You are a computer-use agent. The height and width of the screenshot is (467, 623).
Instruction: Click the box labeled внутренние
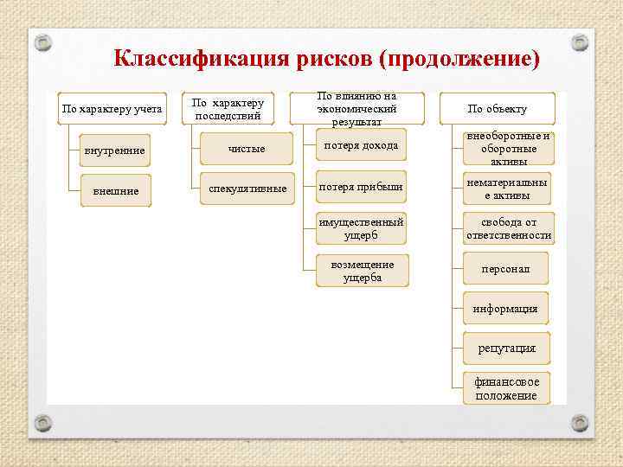point(114,151)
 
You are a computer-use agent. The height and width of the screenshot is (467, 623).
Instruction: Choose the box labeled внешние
point(115,190)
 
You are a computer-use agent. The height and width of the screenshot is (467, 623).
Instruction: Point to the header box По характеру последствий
point(228,109)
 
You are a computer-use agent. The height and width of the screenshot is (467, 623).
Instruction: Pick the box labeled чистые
point(247,150)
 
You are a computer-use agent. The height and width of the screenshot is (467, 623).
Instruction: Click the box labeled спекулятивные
point(247,189)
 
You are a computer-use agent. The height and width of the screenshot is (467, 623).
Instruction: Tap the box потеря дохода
point(361,145)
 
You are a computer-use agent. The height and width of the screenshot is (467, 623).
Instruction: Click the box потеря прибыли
point(361,186)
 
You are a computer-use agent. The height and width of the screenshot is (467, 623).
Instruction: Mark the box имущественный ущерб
point(361,228)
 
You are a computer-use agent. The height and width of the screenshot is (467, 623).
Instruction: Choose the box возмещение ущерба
point(361,271)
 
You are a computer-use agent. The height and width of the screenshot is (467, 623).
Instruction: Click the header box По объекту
point(497,109)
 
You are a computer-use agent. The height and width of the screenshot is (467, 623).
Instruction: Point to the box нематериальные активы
point(507,189)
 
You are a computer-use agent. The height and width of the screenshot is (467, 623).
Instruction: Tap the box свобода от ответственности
point(508,228)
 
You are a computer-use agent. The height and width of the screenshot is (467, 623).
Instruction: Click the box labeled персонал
point(507,269)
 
